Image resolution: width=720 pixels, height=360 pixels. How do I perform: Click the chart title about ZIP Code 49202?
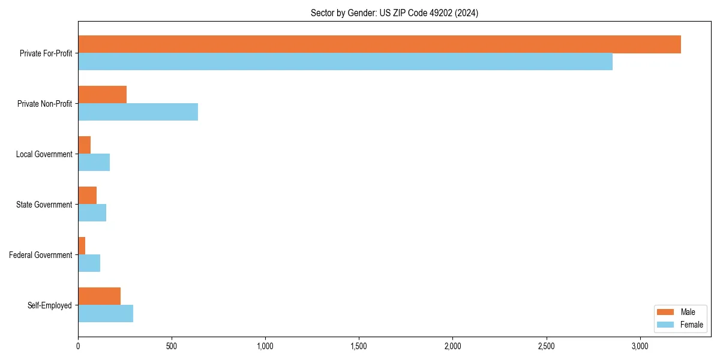click(x=394, y=13)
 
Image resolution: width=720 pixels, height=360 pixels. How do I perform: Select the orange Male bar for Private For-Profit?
click(x=379, y=44)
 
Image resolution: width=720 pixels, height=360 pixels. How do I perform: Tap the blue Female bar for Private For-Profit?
click(x=345, y=62)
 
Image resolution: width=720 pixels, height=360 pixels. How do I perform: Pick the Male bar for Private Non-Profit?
click(x=102, y=95)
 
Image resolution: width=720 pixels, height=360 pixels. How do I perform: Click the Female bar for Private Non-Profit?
click(x=138, y=112)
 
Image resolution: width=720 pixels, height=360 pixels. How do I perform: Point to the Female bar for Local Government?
click(x=94, y=163)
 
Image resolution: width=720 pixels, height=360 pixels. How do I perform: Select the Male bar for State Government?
click(x=87, y=196)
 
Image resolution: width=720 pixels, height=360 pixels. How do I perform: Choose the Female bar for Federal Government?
click(x=89, y=263)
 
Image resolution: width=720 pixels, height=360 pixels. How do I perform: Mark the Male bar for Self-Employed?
click(x=99, y=296)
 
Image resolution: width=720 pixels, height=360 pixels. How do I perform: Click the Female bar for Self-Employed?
click(x=106, y=314)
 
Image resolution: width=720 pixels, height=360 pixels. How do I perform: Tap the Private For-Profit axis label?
click(x=46, y=53)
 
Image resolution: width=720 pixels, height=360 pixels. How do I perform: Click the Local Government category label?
click(x=44, y=154)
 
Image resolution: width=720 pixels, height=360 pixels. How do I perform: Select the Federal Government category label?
click(x=41, y=255)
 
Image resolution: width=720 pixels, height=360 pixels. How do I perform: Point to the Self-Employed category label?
click(x=50, y=305)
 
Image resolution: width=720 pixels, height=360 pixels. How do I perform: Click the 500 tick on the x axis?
click(x=172, y=346)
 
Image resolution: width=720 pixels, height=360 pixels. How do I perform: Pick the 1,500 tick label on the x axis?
click(x=359, y=346)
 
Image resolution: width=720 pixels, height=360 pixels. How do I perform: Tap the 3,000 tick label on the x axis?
click(x=640, y=346)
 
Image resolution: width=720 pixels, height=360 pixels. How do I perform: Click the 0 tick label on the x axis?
click(x=78, y=346)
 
